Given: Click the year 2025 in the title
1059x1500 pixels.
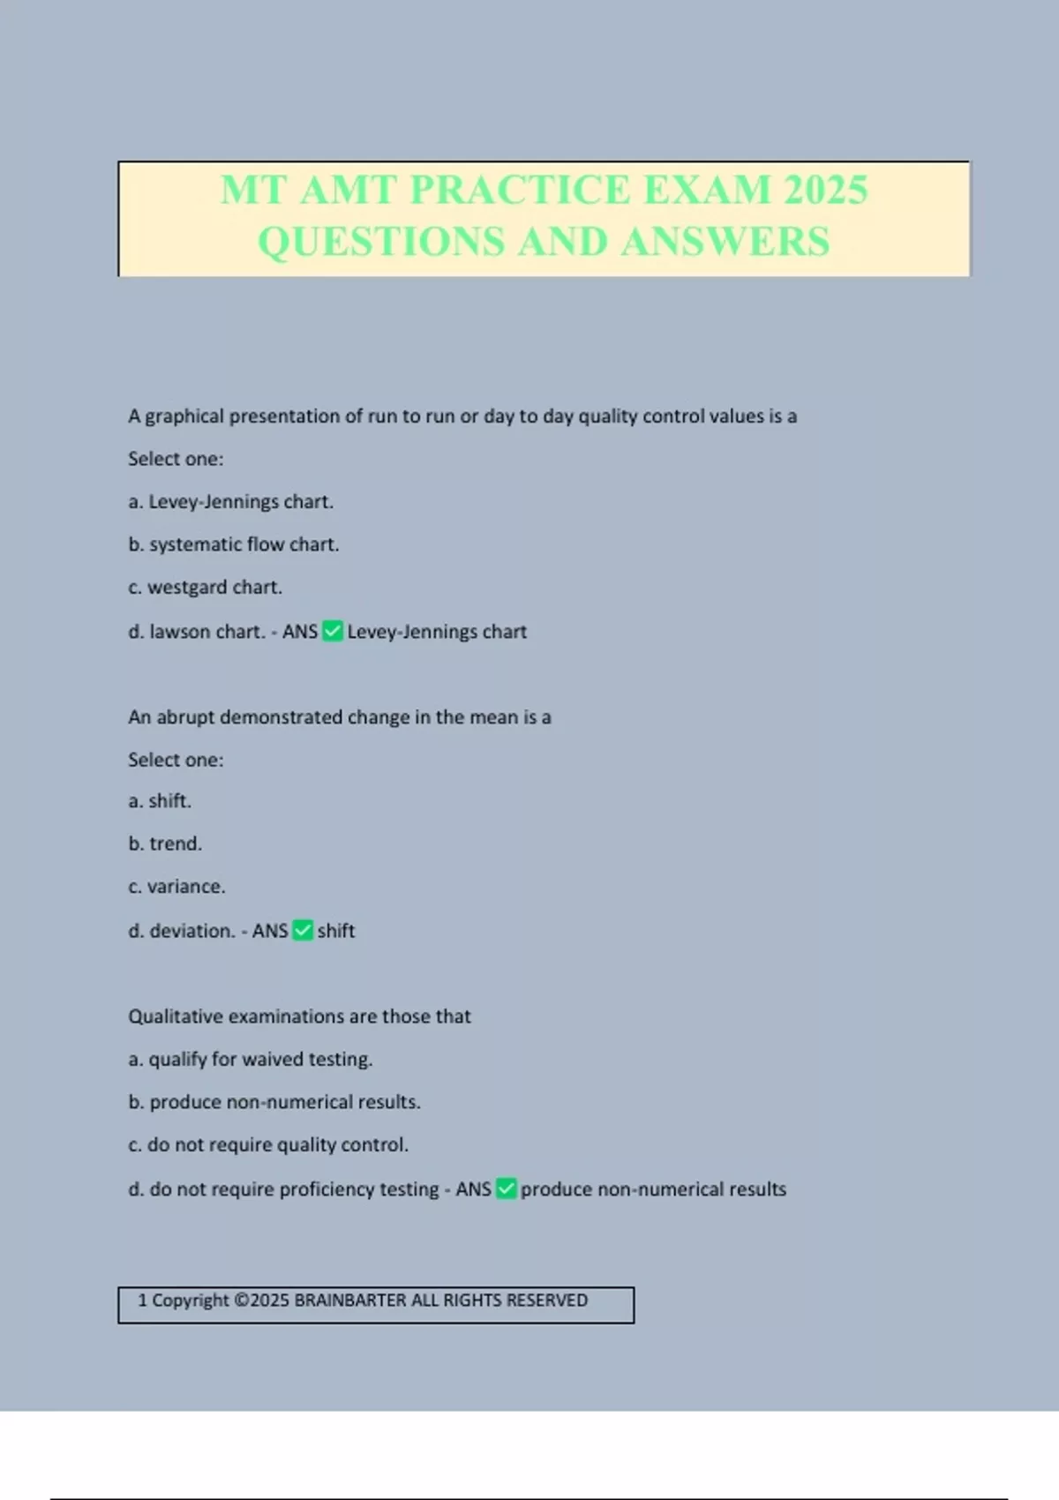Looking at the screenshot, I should click(x=825, y=190).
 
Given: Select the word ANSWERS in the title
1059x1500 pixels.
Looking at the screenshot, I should click(x=725, y=242).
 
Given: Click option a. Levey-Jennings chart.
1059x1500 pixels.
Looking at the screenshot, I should click(x=231, y=502).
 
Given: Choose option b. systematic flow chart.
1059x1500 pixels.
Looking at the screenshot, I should click(x=234, y=544).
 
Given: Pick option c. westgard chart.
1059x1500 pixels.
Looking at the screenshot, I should click(x=206, y=588).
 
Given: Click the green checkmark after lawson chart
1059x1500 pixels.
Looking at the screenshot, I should click(x=333, y=631).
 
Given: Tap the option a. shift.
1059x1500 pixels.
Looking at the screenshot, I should click(x=160, y=801).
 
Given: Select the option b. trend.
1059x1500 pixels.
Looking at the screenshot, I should click(x=165, y=844).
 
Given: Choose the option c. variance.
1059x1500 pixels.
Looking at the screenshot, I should click(x=176, y=887).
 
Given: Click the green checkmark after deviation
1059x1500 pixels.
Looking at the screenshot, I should click(x=303, y=930).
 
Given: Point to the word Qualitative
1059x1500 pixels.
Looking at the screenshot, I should click(x=175, y=1016).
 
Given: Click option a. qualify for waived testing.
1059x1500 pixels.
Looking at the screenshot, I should click(x=251, y=1060).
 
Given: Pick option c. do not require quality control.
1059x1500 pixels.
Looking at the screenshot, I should click(x=268, y=1145).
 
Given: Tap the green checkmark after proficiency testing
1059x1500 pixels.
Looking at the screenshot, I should click(x=507, y=1189).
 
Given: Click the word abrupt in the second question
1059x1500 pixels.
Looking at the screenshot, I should click(x=185, y=717).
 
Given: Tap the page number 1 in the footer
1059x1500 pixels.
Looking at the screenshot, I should click(x=143, y=1301).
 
